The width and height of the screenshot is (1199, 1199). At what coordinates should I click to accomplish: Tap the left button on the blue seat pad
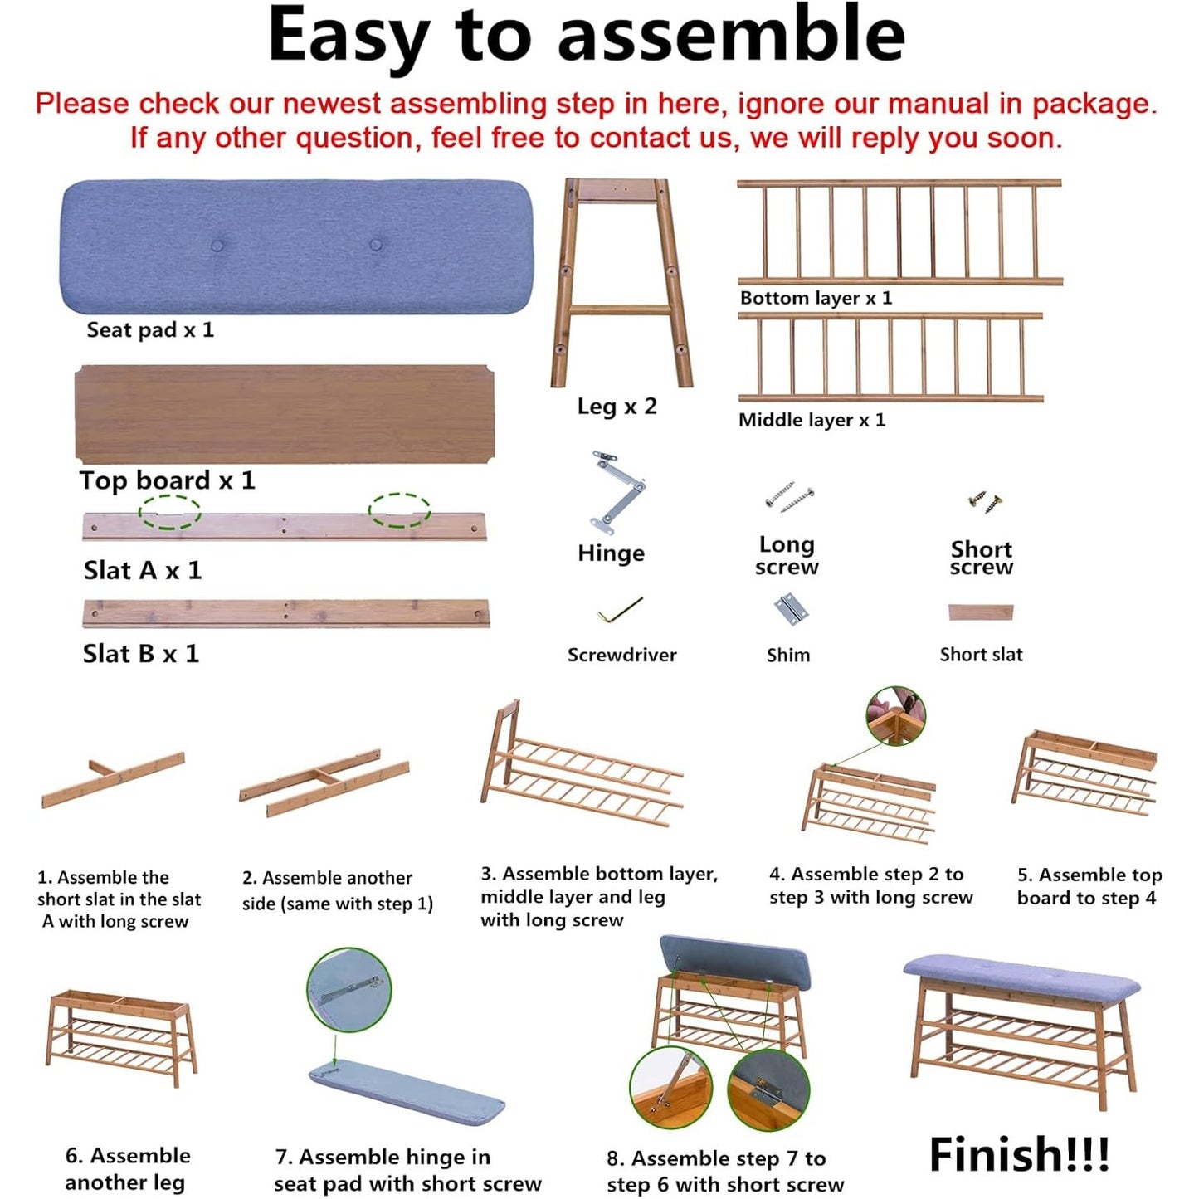tap(217, 245)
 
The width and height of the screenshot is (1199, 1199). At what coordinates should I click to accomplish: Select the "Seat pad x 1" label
tap(150, 329)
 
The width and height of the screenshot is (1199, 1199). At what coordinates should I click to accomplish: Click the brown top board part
tap(285, 414)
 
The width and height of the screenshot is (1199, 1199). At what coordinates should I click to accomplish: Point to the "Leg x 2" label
tap(617, 407)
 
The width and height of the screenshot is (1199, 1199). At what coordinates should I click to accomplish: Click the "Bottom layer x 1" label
tap(816, 298)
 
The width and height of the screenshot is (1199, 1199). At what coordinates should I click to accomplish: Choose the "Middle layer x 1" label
tap(812, 420)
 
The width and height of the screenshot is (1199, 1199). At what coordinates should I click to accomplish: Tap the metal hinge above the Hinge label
tap(616, 492)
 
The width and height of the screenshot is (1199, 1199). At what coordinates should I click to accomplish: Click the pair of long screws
tap(789, 497)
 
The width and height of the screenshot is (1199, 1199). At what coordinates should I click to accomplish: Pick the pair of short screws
tap(985, 501)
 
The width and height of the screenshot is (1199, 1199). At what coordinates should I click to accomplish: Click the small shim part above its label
tap(790, 611)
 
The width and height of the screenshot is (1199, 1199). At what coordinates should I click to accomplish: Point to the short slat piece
tap(981, 612)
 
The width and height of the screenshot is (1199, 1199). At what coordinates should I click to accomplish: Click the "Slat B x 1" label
tap(141, 654)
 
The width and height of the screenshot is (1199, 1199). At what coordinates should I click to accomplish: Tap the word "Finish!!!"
tap(1019, 1154)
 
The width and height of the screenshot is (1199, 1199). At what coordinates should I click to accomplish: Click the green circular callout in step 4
tap(896, 716)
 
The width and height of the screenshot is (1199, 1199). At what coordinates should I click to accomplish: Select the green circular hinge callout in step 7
tap(349, 991)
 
